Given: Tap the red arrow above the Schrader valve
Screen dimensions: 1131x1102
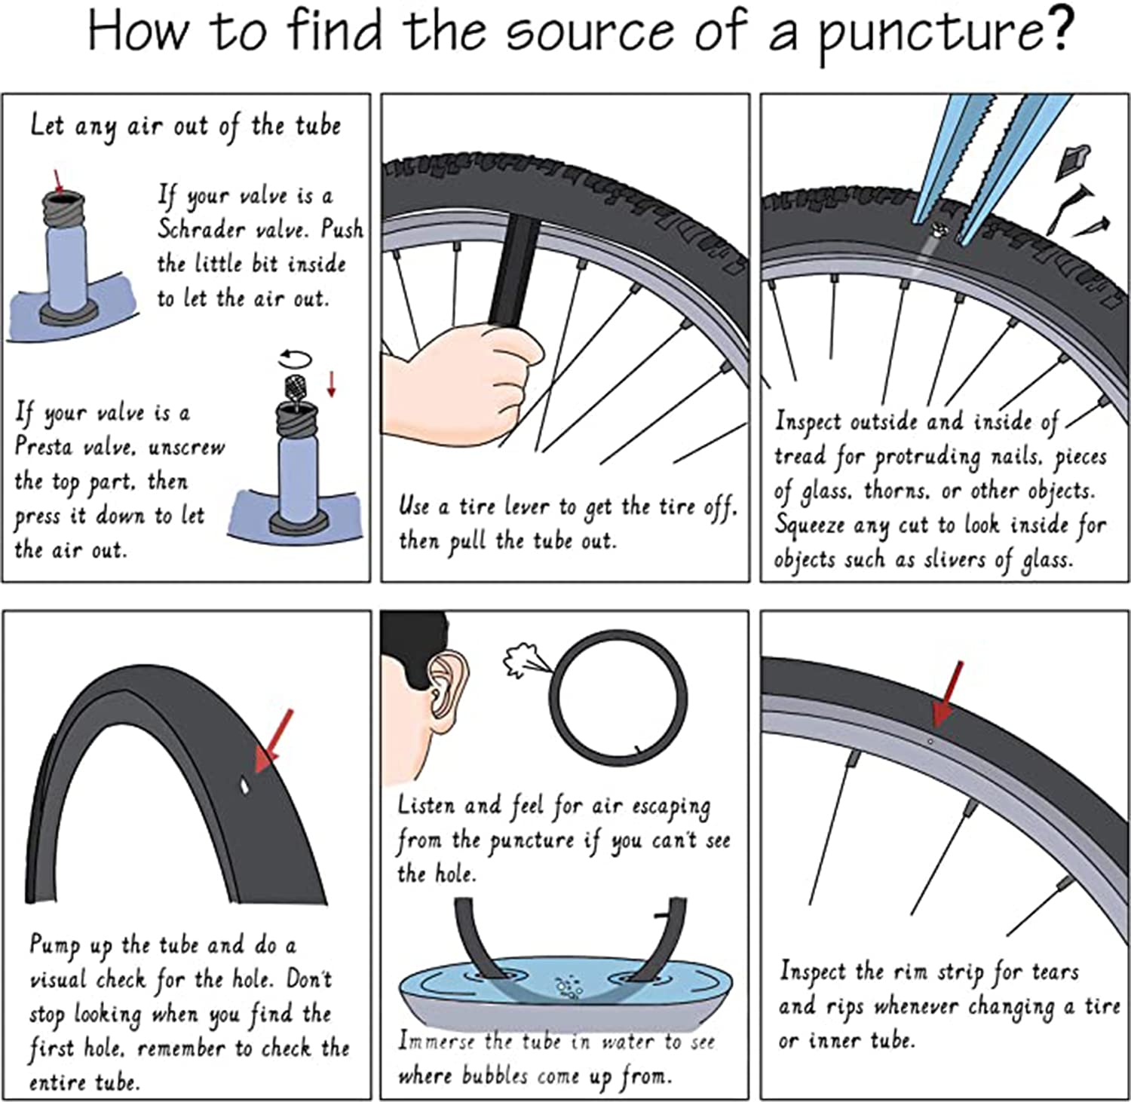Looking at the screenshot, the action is click(59, 182).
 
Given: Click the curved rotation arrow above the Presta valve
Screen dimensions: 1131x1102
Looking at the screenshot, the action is click(295, 357).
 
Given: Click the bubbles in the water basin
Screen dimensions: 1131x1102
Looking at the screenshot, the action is click(565, 987).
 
